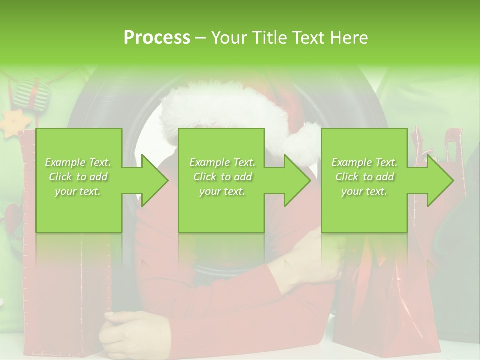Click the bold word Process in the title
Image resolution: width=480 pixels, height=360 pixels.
point(157,37)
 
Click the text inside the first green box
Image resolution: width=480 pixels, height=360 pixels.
point(78,177)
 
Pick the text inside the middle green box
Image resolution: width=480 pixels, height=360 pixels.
point(222,177)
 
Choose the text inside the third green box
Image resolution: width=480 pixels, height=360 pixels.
point(364,177)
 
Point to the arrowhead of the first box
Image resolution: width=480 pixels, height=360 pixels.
point(152,180)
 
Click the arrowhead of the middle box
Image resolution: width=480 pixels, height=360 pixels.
point(295,180)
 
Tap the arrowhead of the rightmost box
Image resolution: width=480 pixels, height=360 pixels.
point(438,180)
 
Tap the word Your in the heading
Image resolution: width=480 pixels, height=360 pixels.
point(228,37)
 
